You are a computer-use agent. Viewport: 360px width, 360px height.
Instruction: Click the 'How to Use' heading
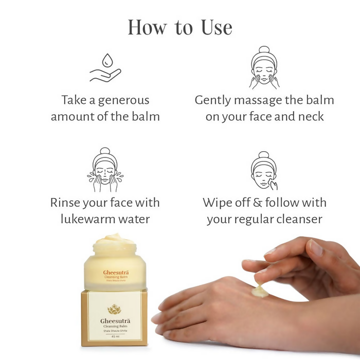[x=179, y=27]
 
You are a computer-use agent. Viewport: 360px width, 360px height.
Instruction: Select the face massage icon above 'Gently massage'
[x=264, y=68]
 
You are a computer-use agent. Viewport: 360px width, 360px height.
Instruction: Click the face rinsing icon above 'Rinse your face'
[x=105, y=167]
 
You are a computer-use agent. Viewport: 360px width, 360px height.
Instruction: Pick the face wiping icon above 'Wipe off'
[x=264, y=170]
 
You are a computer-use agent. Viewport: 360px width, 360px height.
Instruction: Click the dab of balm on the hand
[x=260, y=292]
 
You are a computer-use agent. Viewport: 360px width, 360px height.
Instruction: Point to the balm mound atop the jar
[x=115, y=239]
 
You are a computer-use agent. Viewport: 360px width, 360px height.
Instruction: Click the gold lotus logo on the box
[x=114, y=309]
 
